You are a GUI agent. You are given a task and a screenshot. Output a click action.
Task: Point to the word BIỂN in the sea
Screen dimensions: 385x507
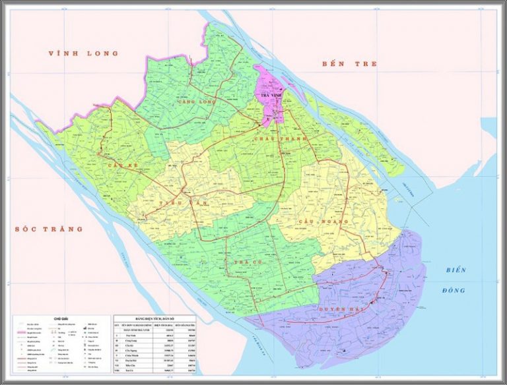456,270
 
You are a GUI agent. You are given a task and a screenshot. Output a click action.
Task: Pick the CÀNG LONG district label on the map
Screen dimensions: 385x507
197,102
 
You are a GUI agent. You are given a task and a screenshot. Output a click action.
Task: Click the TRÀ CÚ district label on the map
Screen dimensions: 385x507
244,262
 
